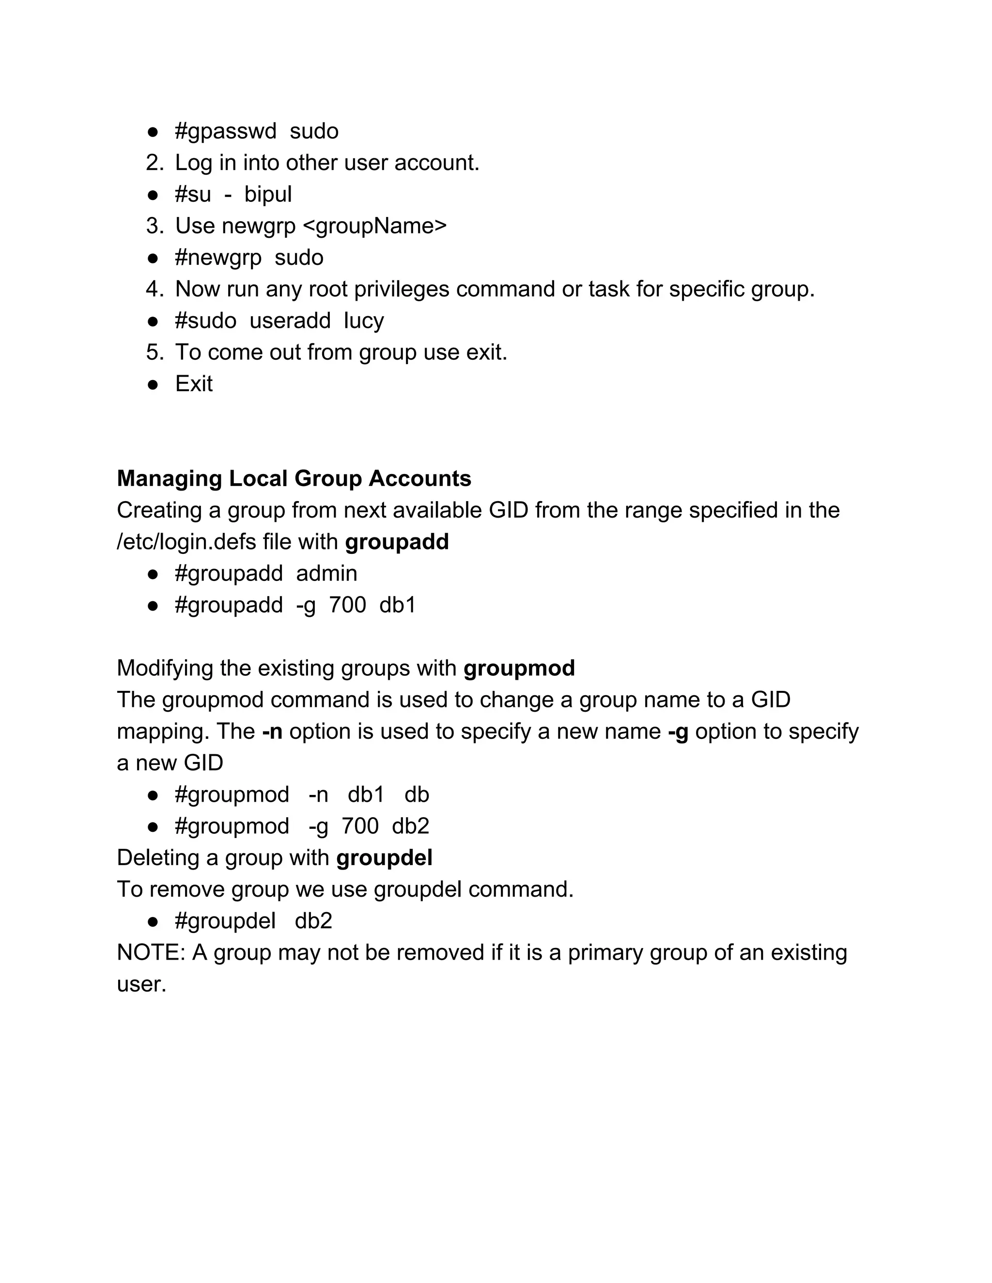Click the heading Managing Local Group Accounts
294,479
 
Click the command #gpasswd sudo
256,131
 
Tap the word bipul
268,195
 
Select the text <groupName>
374,226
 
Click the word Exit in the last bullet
193,384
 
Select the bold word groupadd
397,542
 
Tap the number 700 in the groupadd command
347,605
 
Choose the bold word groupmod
519,669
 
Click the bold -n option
272,732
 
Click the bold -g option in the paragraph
678,732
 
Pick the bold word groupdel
384,858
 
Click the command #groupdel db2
253,921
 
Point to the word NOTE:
151,953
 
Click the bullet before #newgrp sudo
153,258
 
